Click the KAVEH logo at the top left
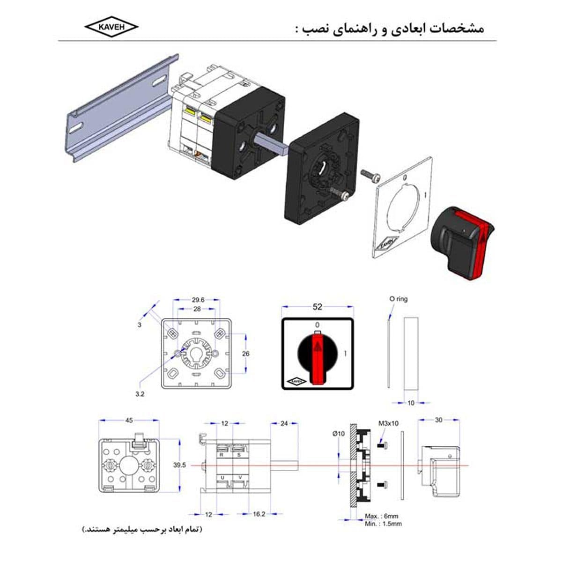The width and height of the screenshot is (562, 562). tap(111, 27)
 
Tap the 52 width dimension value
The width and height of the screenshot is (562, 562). tap(318, 307)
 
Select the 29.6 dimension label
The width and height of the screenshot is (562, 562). tap(198, 300)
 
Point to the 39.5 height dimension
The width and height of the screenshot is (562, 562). tap(179, 465)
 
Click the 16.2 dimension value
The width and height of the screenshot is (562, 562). tap(259, 514)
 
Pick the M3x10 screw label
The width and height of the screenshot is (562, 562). tap(388, 423)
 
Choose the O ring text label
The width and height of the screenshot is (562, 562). tap(399, 299)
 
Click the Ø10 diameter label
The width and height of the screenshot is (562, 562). tap(338, 434)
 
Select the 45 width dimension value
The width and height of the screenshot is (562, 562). tap(129, 420)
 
